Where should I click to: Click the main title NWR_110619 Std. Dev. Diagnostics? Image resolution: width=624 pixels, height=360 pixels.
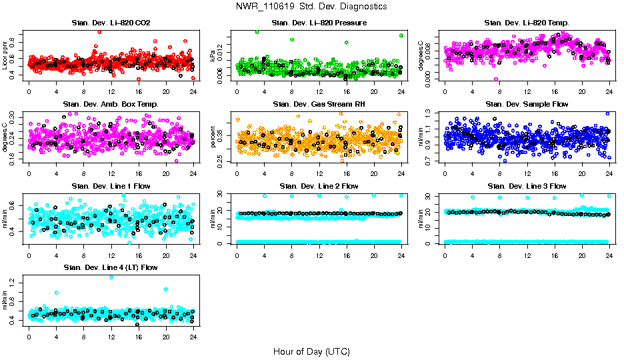coord(311,6)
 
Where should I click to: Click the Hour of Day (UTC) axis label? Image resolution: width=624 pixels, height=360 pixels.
coord(311,351)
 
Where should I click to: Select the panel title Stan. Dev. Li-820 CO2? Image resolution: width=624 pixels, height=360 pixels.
coord(111,23)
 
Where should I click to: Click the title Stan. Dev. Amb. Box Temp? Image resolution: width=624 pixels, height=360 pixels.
coord(111,104)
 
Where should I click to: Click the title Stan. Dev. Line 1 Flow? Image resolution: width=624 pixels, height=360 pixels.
coord(111,185)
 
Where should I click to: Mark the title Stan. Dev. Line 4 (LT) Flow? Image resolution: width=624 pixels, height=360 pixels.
coord(111,267)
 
